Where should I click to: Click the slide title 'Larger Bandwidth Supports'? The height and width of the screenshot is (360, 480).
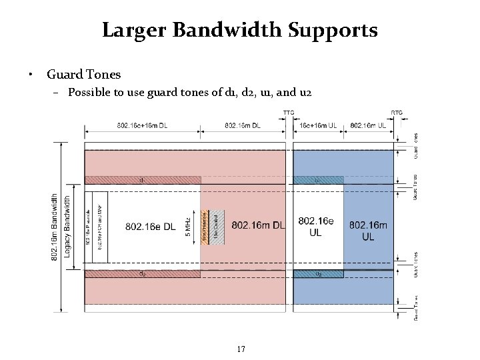[240, 30]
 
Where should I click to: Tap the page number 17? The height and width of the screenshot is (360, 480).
[241, 349]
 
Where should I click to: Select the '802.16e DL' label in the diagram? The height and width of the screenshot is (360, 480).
[151, 227]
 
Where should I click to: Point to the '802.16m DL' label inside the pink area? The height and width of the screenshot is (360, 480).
[258, 225]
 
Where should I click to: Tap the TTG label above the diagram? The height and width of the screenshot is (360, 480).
[289, 112]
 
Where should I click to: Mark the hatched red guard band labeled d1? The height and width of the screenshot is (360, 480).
[142, 179]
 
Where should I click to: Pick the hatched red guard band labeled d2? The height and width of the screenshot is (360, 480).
[142, 273]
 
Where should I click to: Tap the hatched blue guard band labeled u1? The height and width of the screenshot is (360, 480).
[318, 179]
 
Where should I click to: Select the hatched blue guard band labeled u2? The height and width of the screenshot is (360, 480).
[318, 273]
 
